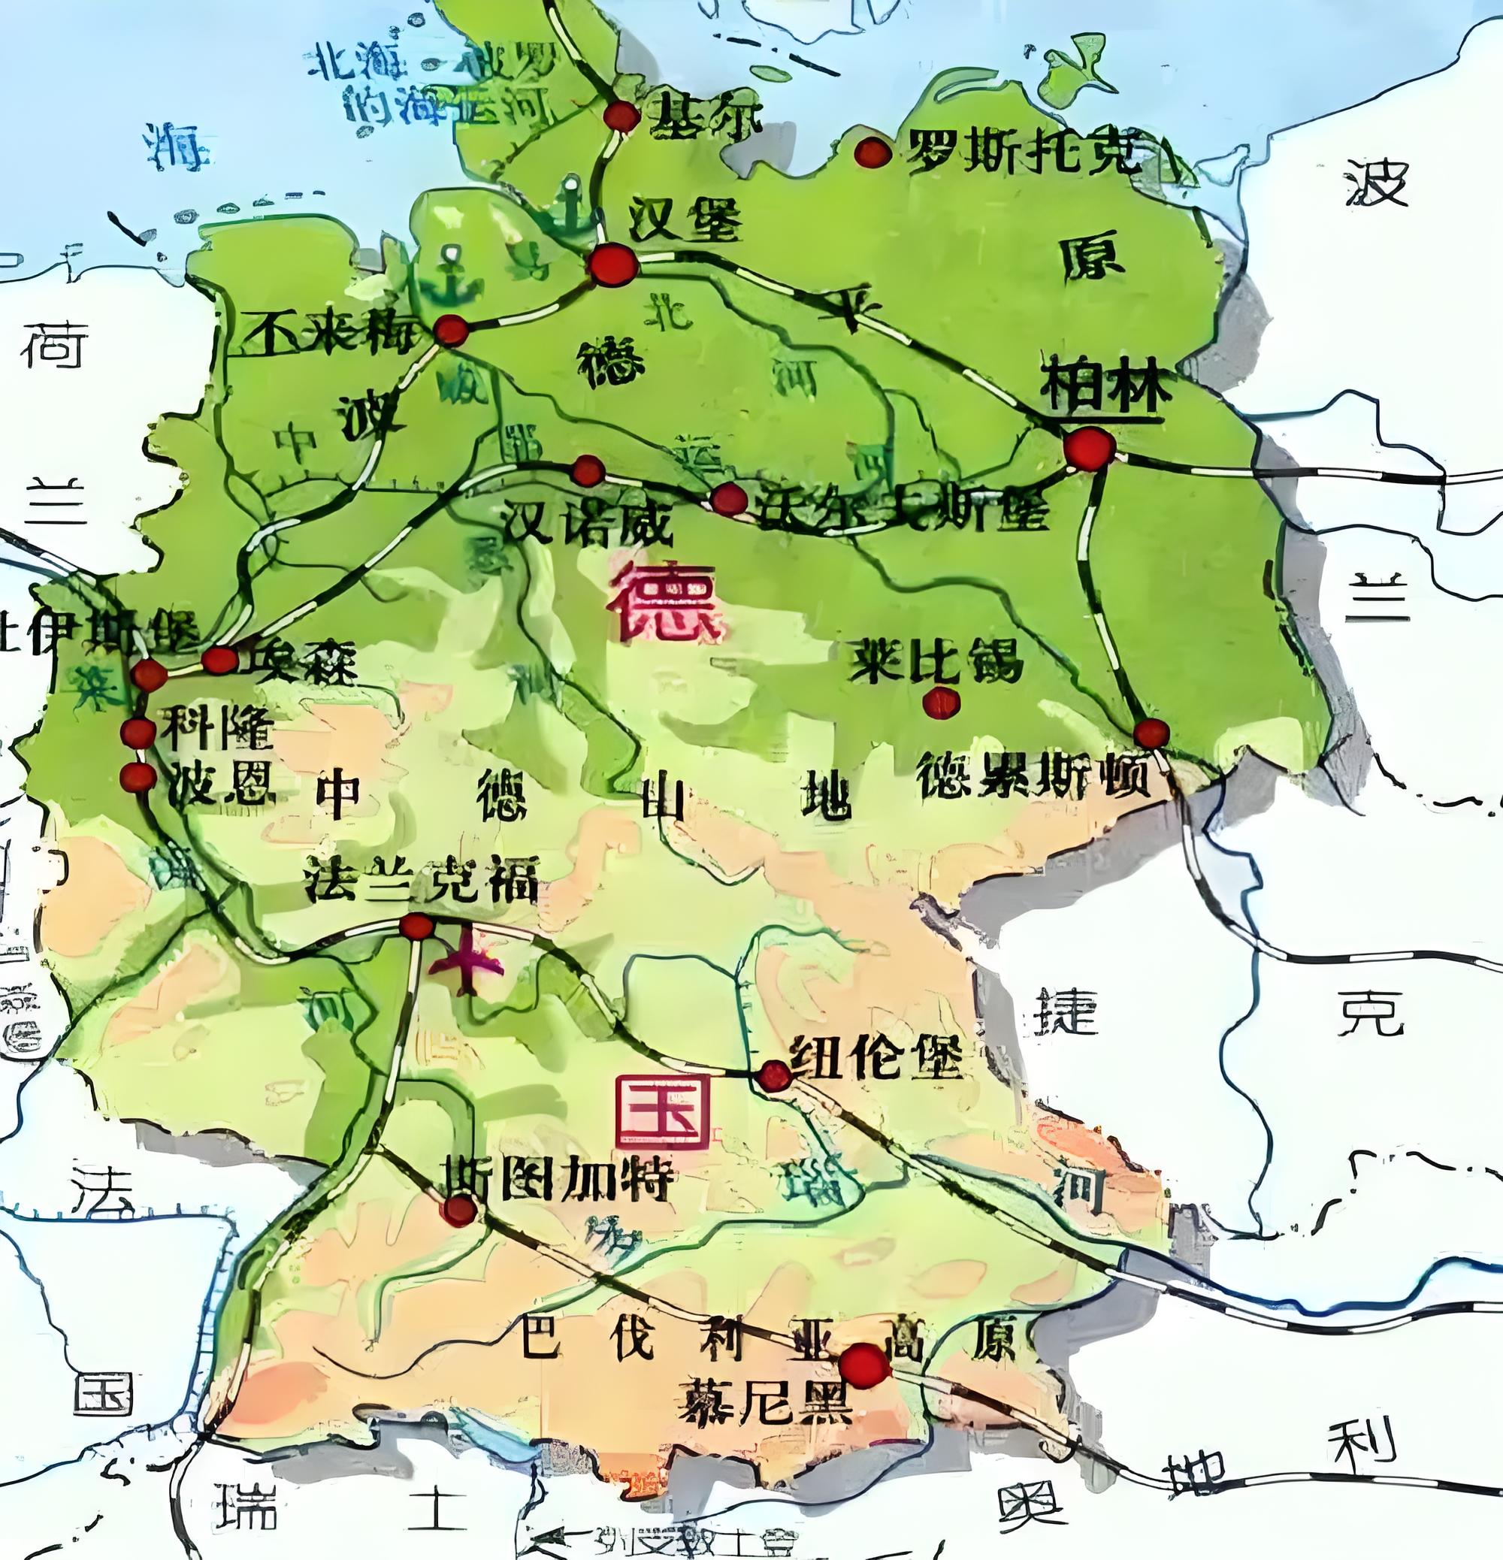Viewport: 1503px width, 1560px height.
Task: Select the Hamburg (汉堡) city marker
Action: coord(613,265)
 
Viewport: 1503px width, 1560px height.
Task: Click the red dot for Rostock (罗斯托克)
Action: coord(872,151)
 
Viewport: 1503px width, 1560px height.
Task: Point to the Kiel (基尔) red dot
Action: coord(621,117)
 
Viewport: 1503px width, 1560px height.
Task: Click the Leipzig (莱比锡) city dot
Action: coord(942,703)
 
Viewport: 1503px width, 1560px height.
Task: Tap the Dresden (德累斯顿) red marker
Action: coord(1151,733)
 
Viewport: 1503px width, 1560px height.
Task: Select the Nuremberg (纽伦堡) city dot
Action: coord(774,1076)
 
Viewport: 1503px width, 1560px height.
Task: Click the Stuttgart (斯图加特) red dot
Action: coord(459,1211)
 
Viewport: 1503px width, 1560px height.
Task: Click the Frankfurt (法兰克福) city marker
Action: coord(416,927)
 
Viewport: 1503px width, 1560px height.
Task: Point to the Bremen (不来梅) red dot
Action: coord(451,330)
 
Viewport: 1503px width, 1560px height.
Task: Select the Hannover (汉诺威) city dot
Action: coord(588,470)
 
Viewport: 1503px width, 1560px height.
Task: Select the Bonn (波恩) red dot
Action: coord(138,777)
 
